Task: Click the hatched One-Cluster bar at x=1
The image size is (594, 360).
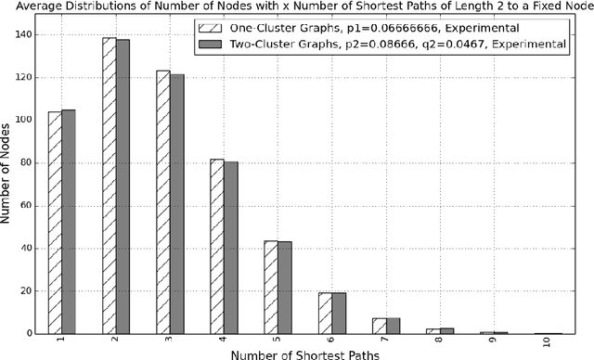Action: click(55, 223)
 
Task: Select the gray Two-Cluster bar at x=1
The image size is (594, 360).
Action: click(68, 222)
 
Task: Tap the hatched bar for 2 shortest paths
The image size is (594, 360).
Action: click(110, 186)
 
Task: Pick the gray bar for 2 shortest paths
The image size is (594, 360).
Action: click(123, 186)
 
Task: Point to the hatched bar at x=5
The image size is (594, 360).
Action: click(271, 287)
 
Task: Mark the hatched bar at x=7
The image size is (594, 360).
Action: click(380, 326)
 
